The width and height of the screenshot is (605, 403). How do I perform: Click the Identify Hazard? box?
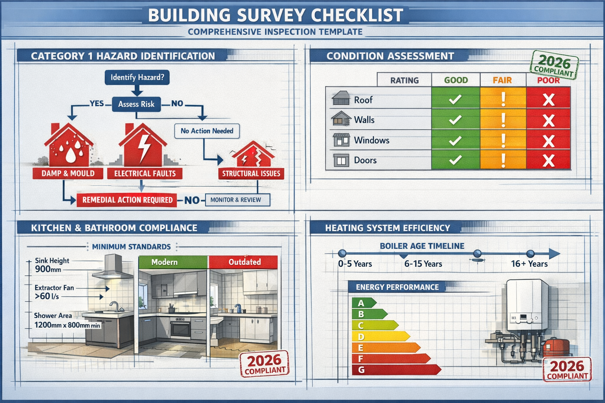(x=137, y=77)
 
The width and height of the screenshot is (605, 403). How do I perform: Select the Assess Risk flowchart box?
(x=136, y=104)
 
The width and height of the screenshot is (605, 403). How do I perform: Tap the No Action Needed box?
(x=207, y=131)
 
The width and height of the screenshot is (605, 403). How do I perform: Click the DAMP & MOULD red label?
(x=68, y=173)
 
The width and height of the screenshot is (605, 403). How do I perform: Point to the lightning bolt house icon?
(x=143, y=146)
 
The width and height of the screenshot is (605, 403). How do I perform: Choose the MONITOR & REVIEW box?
(x=238, y=200)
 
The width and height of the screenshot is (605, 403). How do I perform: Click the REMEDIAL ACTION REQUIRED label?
(x=127, y=200)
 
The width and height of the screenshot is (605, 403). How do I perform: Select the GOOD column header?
(x=456, y=80)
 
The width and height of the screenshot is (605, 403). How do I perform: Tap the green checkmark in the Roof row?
(x=455, y=100)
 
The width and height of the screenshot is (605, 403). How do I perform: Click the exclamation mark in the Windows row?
(x=503, y=140)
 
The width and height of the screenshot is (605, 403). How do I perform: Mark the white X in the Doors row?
(x=548, y=161)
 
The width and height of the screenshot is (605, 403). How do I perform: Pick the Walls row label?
(x=364, y=120)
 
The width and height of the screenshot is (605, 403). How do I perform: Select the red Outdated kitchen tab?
(x=244, y=262)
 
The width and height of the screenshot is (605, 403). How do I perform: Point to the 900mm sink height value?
(x=48, y=269)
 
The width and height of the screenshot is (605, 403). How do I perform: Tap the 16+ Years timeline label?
(x=529, y=264)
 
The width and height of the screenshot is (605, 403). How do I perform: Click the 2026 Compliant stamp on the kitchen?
(x=265, y=364)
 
